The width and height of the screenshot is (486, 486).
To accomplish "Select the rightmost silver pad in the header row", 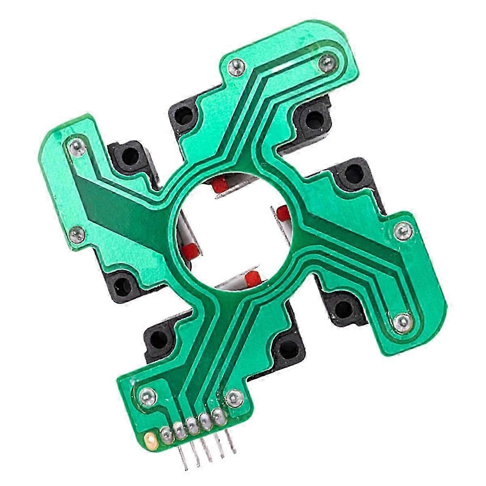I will pyautogui.click(x=218, y=415).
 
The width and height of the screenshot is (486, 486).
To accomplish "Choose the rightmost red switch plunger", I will pyautogui.click(x=283, y=212).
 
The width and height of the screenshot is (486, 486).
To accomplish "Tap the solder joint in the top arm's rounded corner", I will pyautogui.click(x=325, y=62).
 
